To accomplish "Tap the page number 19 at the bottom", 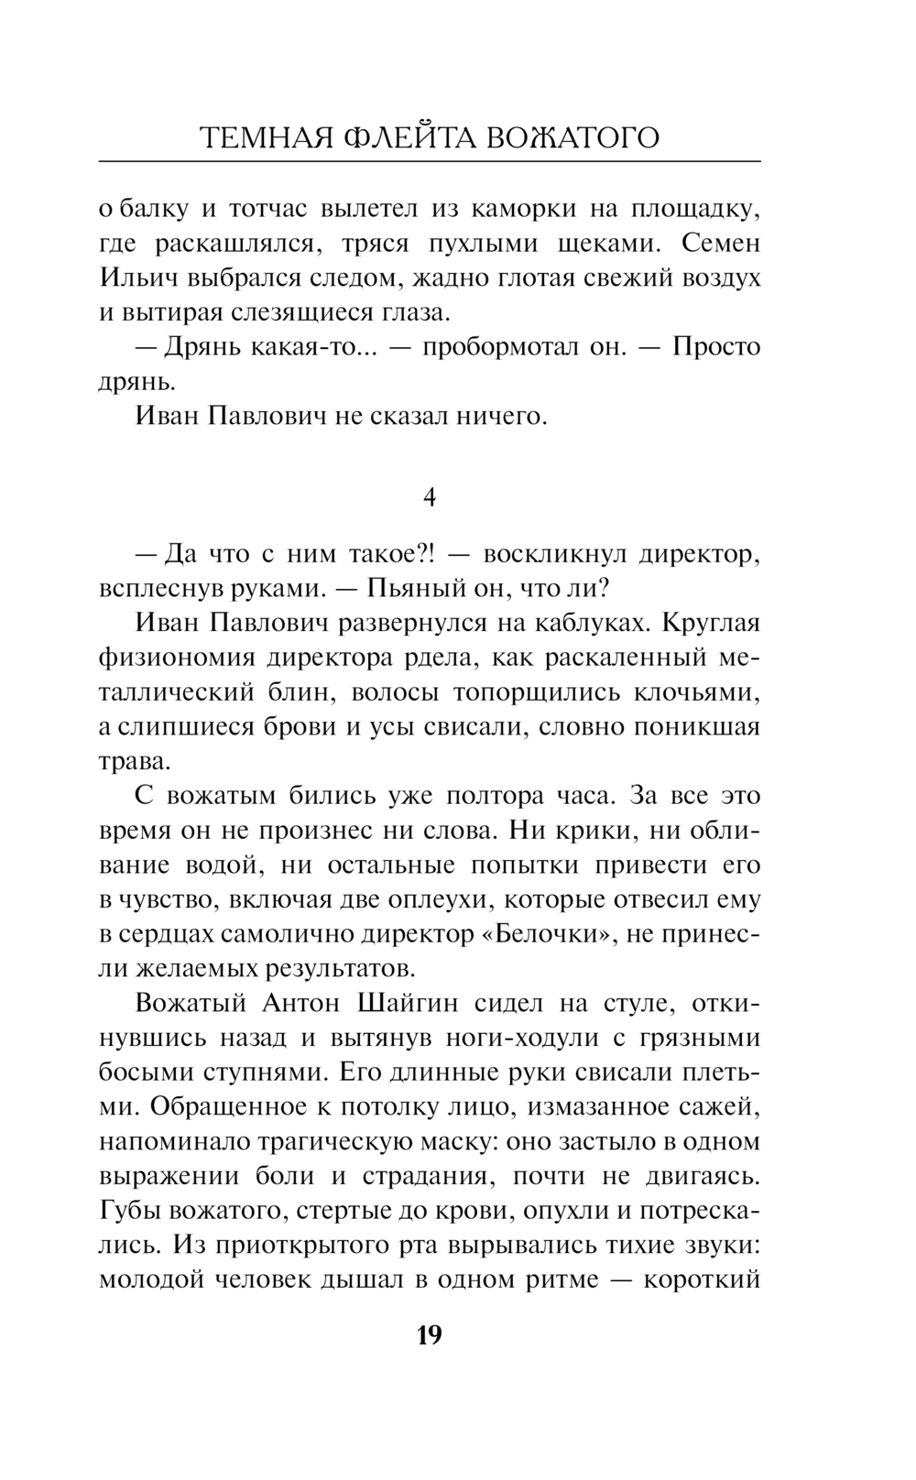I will click(x=429, y=1334).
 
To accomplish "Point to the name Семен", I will click(x=725, y=244).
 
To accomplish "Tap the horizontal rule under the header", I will click(x=429, y=162).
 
